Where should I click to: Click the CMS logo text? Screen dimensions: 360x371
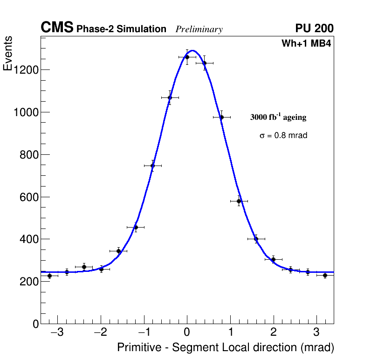click(57, 28)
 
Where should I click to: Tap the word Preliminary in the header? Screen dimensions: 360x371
click(199, 29)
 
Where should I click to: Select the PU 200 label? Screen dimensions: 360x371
click(314, 28)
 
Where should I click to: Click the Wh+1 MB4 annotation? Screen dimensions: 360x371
click(306, 44)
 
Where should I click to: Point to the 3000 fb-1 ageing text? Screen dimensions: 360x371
click(278, 117)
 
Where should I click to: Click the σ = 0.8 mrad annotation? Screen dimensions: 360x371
click(283, 136)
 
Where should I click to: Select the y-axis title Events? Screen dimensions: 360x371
click(8, 54)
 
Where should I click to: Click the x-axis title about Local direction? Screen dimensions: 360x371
click(226, 347)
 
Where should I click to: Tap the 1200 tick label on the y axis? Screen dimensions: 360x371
click(26, 70)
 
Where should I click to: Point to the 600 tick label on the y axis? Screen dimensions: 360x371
click(29, 197)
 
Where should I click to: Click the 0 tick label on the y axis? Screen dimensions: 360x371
click(36, 324)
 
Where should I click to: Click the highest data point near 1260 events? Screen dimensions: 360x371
click(187, 57)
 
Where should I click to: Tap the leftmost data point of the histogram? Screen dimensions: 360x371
click(49, 276)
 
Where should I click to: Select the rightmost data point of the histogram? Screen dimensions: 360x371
click(325, 275)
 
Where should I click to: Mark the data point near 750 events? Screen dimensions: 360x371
click(152, 166)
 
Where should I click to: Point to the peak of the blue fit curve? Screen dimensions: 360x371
click(192, 50)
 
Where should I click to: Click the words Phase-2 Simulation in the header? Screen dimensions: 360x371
click(121, 29)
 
